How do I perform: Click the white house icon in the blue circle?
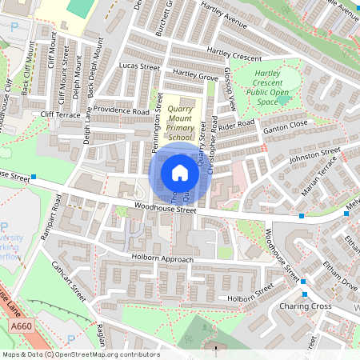point(180,173)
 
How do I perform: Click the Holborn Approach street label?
point(162,259)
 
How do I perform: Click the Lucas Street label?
point(139,67)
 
